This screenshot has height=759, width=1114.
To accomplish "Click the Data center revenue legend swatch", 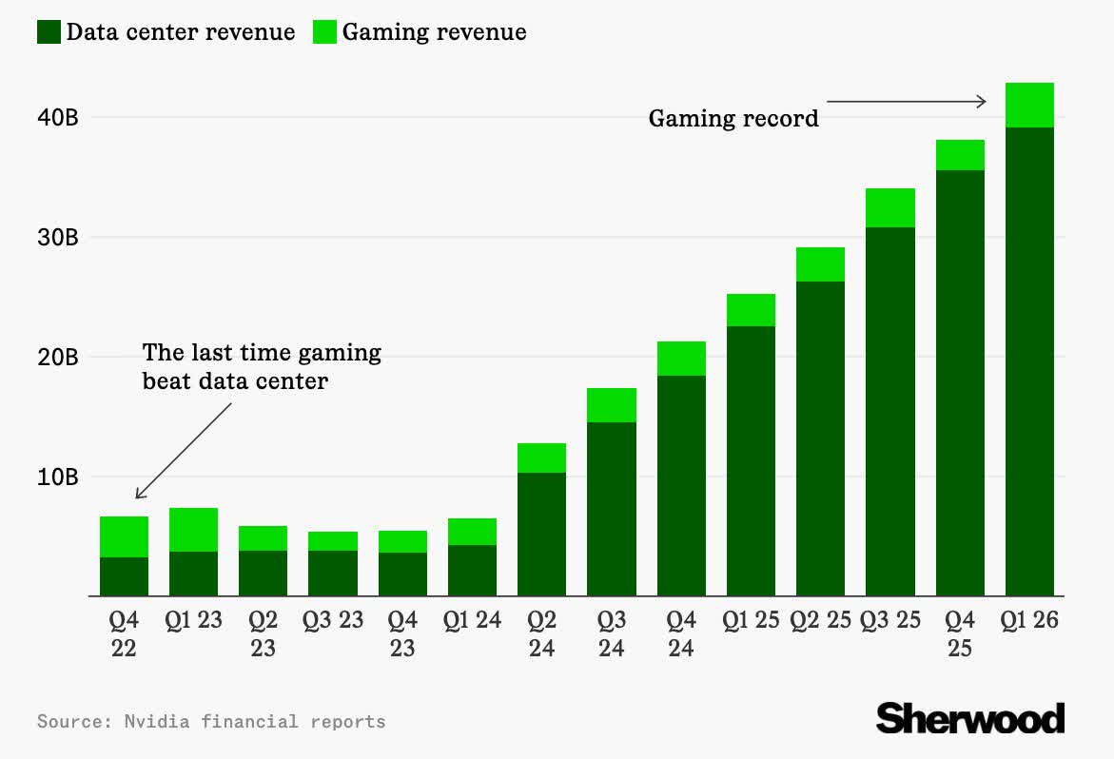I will [49, 32].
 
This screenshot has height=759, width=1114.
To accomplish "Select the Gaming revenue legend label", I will [434, 32].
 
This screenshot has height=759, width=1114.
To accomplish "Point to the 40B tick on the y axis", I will [58, 118].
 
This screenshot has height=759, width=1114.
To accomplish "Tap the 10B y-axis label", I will [58, 477].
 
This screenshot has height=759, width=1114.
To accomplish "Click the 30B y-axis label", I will [58, 238].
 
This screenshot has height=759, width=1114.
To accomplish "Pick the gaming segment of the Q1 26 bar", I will [1029, 106].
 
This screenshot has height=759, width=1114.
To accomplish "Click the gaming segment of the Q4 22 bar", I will [124, 536].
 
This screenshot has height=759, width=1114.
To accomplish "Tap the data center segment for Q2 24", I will [541, 534].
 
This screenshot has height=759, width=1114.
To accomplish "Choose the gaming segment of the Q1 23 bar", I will [193, 530].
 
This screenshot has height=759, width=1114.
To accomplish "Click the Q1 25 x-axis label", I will [751, 621].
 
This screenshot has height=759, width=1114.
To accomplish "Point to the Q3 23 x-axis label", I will [333, 621].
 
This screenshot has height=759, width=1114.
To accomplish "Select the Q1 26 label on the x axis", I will [1029, 621].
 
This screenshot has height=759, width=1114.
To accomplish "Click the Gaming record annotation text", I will [733, 119].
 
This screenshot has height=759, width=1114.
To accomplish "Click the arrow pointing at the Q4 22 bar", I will [184, 449].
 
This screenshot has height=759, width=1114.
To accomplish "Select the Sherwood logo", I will [969, 718].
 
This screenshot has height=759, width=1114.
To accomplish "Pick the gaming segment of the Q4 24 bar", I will [681, 359].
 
